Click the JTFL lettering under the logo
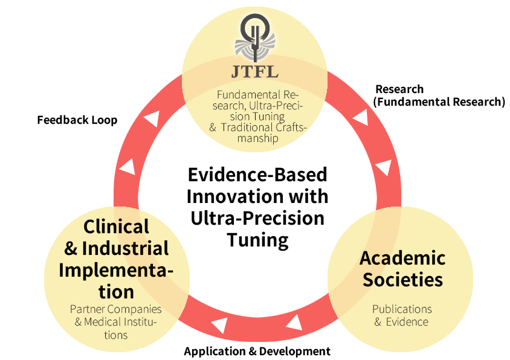pos(254,72)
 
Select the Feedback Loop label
pos(77,120)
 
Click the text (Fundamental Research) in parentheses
pos(439,102)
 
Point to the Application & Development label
pos(257,351)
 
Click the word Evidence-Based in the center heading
pos(257,175)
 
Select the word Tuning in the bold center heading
pos(257,240)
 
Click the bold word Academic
pos(402,258)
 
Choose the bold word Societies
pos(402,280)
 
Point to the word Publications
pos(402,309)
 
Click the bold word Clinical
pos(116,227)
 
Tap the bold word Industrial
pos(125,248)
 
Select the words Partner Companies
pos(116,309)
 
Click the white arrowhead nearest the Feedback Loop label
pos(152,118)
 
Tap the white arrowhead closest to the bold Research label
pos(361,117)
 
